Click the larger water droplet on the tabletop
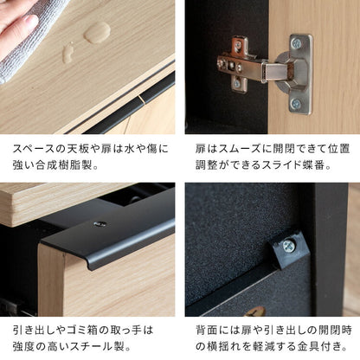tap(97, 32)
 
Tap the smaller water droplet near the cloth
tap(67, 53)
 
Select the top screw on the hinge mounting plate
tap(297, 44)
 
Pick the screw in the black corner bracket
tap(289, 246)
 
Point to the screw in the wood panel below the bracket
tap(257, 309)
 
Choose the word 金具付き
tap(322, 348)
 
